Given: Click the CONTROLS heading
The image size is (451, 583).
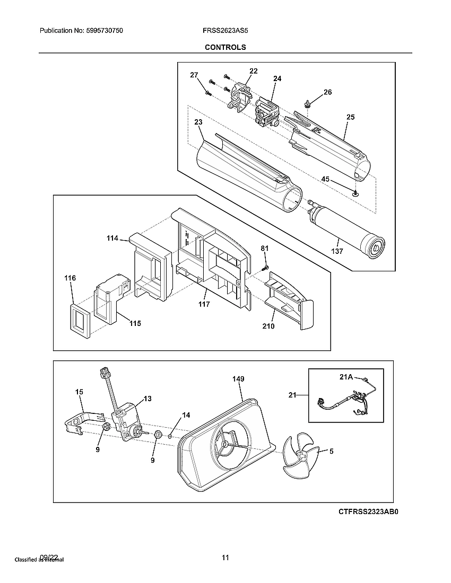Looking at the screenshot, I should click(x=226, y=47).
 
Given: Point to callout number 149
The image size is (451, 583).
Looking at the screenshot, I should click(x=238, y=379).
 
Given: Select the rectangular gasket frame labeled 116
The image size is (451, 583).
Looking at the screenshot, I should click(x=81, y=320).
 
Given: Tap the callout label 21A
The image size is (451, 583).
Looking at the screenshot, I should click(x=346, y=377).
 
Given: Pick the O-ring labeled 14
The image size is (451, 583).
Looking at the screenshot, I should click(x=170, y=436).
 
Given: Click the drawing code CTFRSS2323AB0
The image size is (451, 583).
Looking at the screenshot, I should click(x=368, y=513).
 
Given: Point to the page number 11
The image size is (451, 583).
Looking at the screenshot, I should click(x=226, y=558).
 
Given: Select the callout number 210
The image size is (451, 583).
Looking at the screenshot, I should click(x=268, y=326).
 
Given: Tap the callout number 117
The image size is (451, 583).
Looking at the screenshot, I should click(x=204, y=304).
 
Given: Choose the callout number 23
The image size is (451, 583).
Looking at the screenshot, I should click(x=198, y=122).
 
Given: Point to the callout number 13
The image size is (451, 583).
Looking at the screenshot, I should click(x=147, y=398).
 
